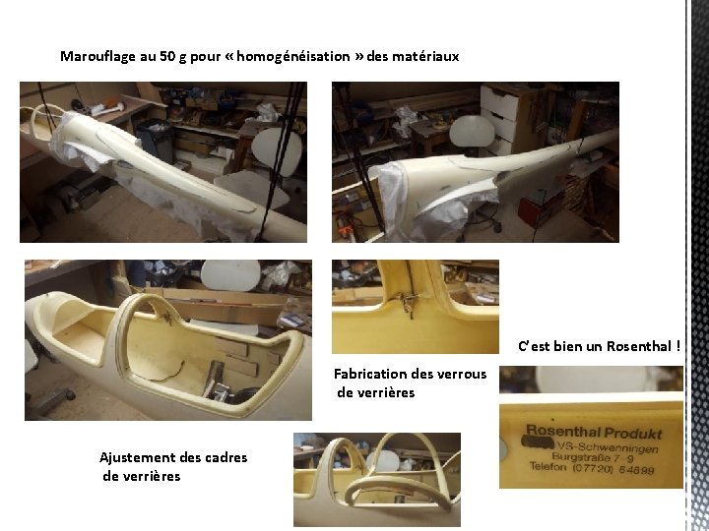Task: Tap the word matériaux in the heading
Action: pos(425,57)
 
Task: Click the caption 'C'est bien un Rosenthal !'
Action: pos(599,346)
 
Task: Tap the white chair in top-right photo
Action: pos(471,132)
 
